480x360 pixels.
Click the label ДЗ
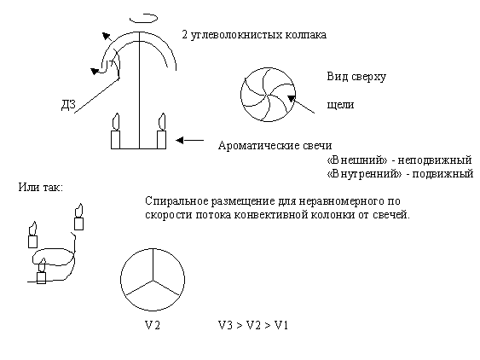(68, 105)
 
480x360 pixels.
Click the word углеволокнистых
(237, 35)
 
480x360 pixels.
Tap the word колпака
(306, 35)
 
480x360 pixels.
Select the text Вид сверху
(356, 77)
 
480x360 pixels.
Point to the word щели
(340, 105)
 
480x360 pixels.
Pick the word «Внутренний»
(364, 174)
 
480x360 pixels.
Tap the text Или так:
(40, 187)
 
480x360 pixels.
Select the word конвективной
(271, 215)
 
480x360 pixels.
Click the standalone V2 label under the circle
(152, 325)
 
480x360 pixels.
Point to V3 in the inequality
(226, 325)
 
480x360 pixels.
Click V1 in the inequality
(281, 325)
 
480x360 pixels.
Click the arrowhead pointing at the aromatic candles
(179, 140)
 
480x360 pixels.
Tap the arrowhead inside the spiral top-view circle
(291, 98)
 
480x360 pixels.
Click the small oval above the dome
(143, 18)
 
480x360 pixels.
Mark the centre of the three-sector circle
(153, 280)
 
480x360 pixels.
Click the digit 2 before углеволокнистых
(185, 34)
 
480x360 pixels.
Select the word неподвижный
(435, 160)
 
